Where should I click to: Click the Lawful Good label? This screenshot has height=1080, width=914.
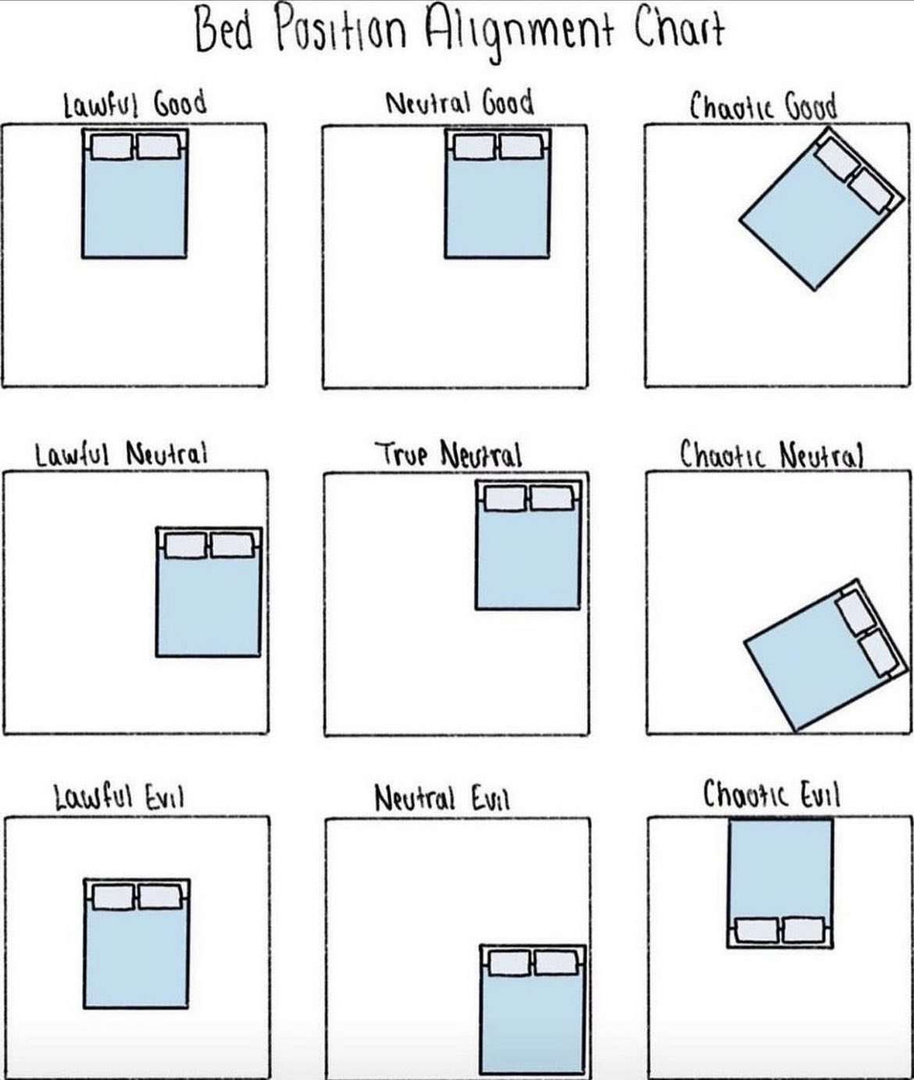pyautogui.click(x=135, y=104)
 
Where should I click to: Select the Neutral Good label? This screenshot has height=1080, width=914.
pyautogui.click(x=460, y=102)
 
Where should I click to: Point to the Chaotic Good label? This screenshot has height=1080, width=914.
pyautogui.click(x=763, y=106)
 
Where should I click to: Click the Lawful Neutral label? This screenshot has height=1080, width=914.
pyautogui.click(x=121, y=454)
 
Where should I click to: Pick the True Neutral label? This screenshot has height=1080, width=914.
pyautogui.click(x=449, y=454)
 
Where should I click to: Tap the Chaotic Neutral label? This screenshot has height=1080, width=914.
pyautogui.click(x=771, y=454)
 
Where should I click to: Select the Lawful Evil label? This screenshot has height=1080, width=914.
pyautogui.click(x=120, y=798)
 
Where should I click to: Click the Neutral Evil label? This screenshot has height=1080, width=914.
pyautogui.click(x=442, y=799)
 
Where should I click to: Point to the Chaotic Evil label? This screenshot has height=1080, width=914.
pyautogui.click(x=771, y=795)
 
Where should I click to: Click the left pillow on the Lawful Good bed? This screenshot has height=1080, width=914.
pyautogui.click(x=112, y=147)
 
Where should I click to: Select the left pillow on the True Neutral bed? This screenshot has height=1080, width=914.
pyautogui.click(x=505, y=498)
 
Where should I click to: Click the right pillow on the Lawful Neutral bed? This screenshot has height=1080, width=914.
pyautogui.click(x=232, y=545)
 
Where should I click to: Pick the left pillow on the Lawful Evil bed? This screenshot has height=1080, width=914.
pyautogui.click(x=114, y=897)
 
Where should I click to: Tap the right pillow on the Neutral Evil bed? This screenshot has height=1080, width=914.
pyautogui.click(x=556, y=963)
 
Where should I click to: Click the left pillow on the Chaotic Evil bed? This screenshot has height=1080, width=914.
pyautogui.click(x=757, y=931)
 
